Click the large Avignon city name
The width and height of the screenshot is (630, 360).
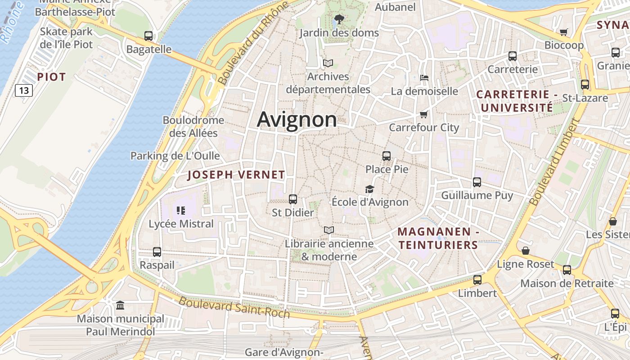coord(297,119)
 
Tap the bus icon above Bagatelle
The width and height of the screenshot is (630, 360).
coord(148,36)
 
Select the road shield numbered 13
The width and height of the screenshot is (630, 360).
coord(24,90)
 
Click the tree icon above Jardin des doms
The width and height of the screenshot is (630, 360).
coord(339,19)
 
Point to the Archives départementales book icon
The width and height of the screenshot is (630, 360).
coord(328,63)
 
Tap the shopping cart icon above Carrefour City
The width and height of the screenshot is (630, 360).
coord(423,114)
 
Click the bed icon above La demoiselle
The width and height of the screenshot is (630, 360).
coord(424,78)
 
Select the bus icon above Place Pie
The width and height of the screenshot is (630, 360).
coord(386,156)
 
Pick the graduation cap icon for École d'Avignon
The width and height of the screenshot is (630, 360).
coord(369,189)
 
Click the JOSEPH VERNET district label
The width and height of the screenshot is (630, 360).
coord(236,175)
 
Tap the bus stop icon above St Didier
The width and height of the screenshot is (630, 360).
coord(292,199)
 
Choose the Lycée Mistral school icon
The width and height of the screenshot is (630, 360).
coord(181,211)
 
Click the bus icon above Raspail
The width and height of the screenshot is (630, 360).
coord(157,252)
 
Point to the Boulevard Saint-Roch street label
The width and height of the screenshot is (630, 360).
coord(234,307)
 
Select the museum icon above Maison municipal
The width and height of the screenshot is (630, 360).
coord(120,306)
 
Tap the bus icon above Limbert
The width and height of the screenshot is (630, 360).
coord(477,280)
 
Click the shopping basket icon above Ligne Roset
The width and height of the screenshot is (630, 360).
coord(525,251)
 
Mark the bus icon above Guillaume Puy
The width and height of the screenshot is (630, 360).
coord(477,182)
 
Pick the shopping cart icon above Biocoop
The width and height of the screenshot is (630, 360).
coord(563,32)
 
